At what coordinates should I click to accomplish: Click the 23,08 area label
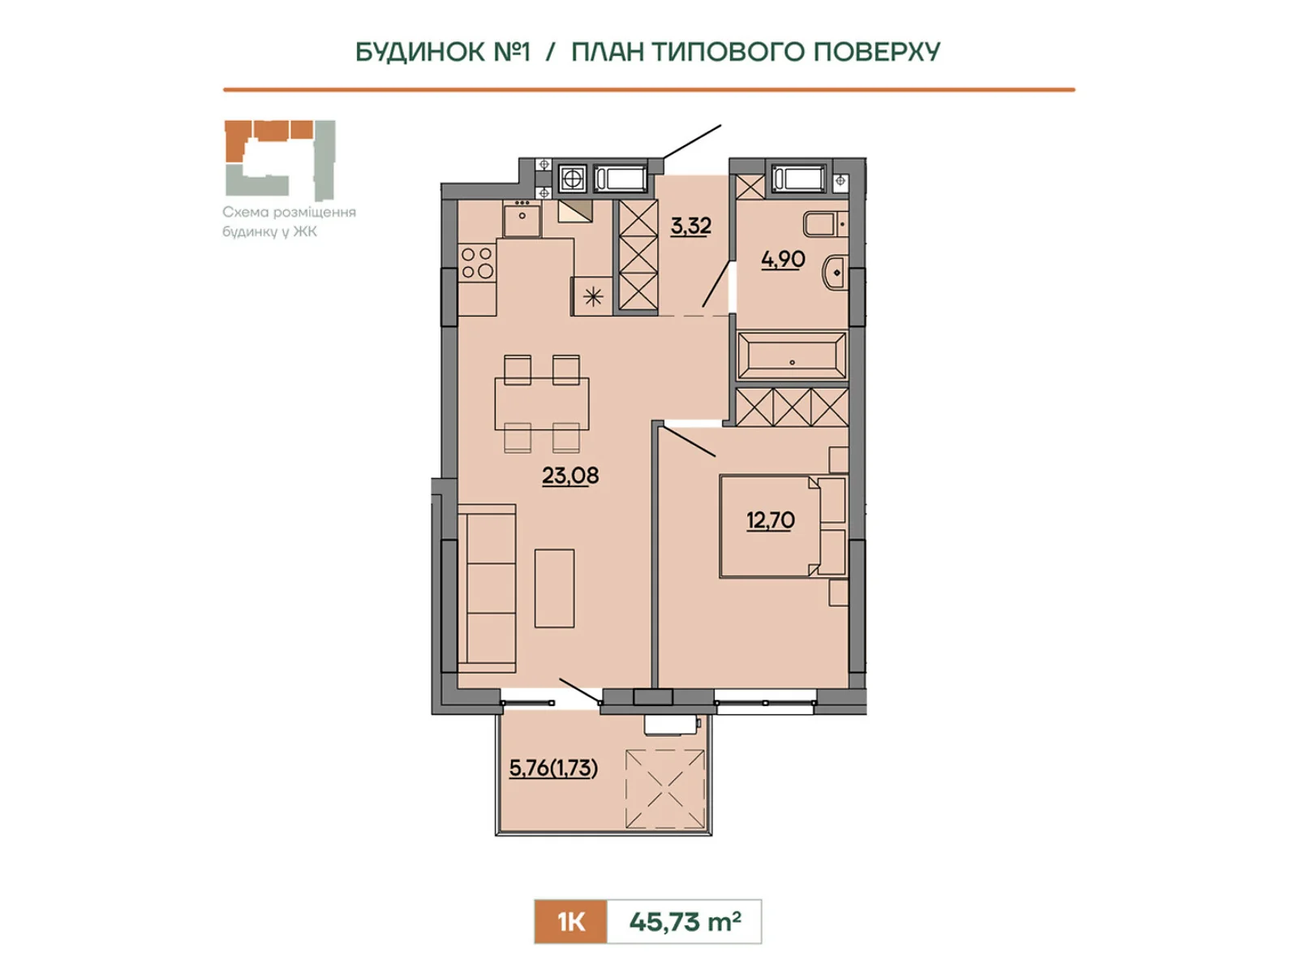(570, 476)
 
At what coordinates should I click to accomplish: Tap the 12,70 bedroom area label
(770, 520)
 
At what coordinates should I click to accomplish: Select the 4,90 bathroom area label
(783, 259)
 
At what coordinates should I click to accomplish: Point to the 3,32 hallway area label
(690, 226)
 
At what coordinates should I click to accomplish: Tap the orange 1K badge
(570, 921)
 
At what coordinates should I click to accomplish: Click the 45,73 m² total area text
(685, 921)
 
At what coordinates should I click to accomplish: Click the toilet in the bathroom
(826, 224)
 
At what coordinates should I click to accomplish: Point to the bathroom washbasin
(835, 273)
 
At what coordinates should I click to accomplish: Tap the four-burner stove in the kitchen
(477, 263)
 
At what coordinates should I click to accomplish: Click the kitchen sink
(522, 219)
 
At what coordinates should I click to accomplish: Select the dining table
(542, 403)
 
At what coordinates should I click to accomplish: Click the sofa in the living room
(487, 588)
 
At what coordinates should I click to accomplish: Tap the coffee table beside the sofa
(554, 588)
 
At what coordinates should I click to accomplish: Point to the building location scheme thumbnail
(280, 160)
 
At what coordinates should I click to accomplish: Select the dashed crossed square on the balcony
(665, 789)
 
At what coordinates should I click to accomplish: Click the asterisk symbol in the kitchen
(592, 296)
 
